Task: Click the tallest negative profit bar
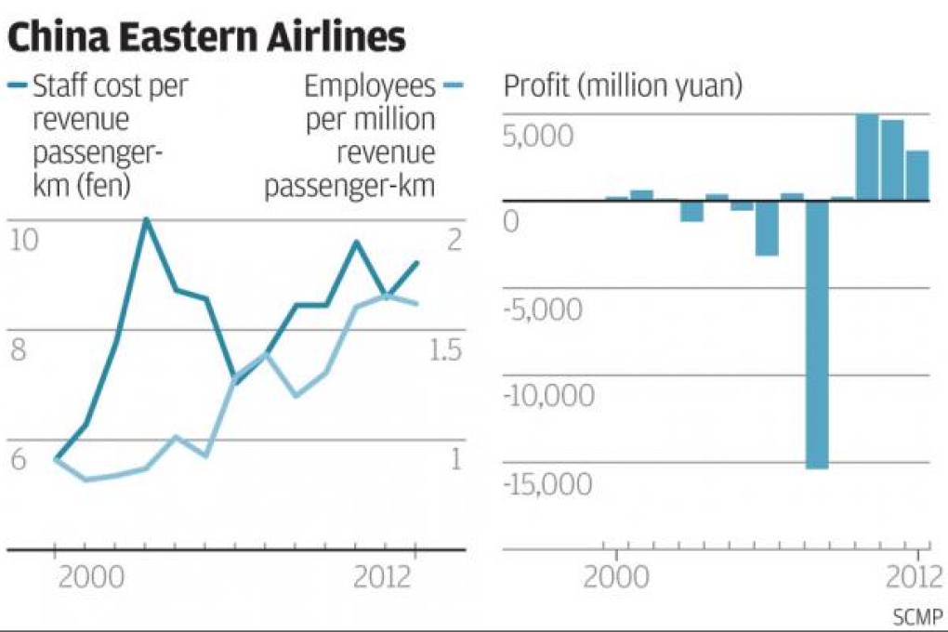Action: pyautogui.click(x=817, y=334)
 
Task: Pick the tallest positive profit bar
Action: pyautogui.click(x=867, y=156)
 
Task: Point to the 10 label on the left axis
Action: pyautogui.click(x=25, y=240)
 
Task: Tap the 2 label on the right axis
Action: pyautogui.click(x=454, y=240)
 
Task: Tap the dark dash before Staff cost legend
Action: pyautogui.click(x=18, y=86)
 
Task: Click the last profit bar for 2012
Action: pyautogui.click(x=917, y=175)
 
